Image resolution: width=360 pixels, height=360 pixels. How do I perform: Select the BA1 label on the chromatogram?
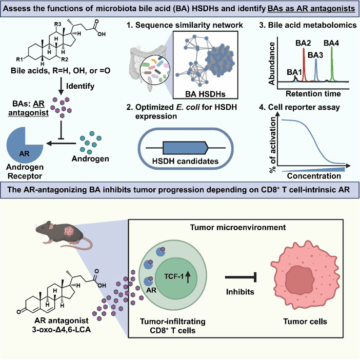(x=294, y=73)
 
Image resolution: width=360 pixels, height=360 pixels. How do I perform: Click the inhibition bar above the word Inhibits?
(x=241, y=277)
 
